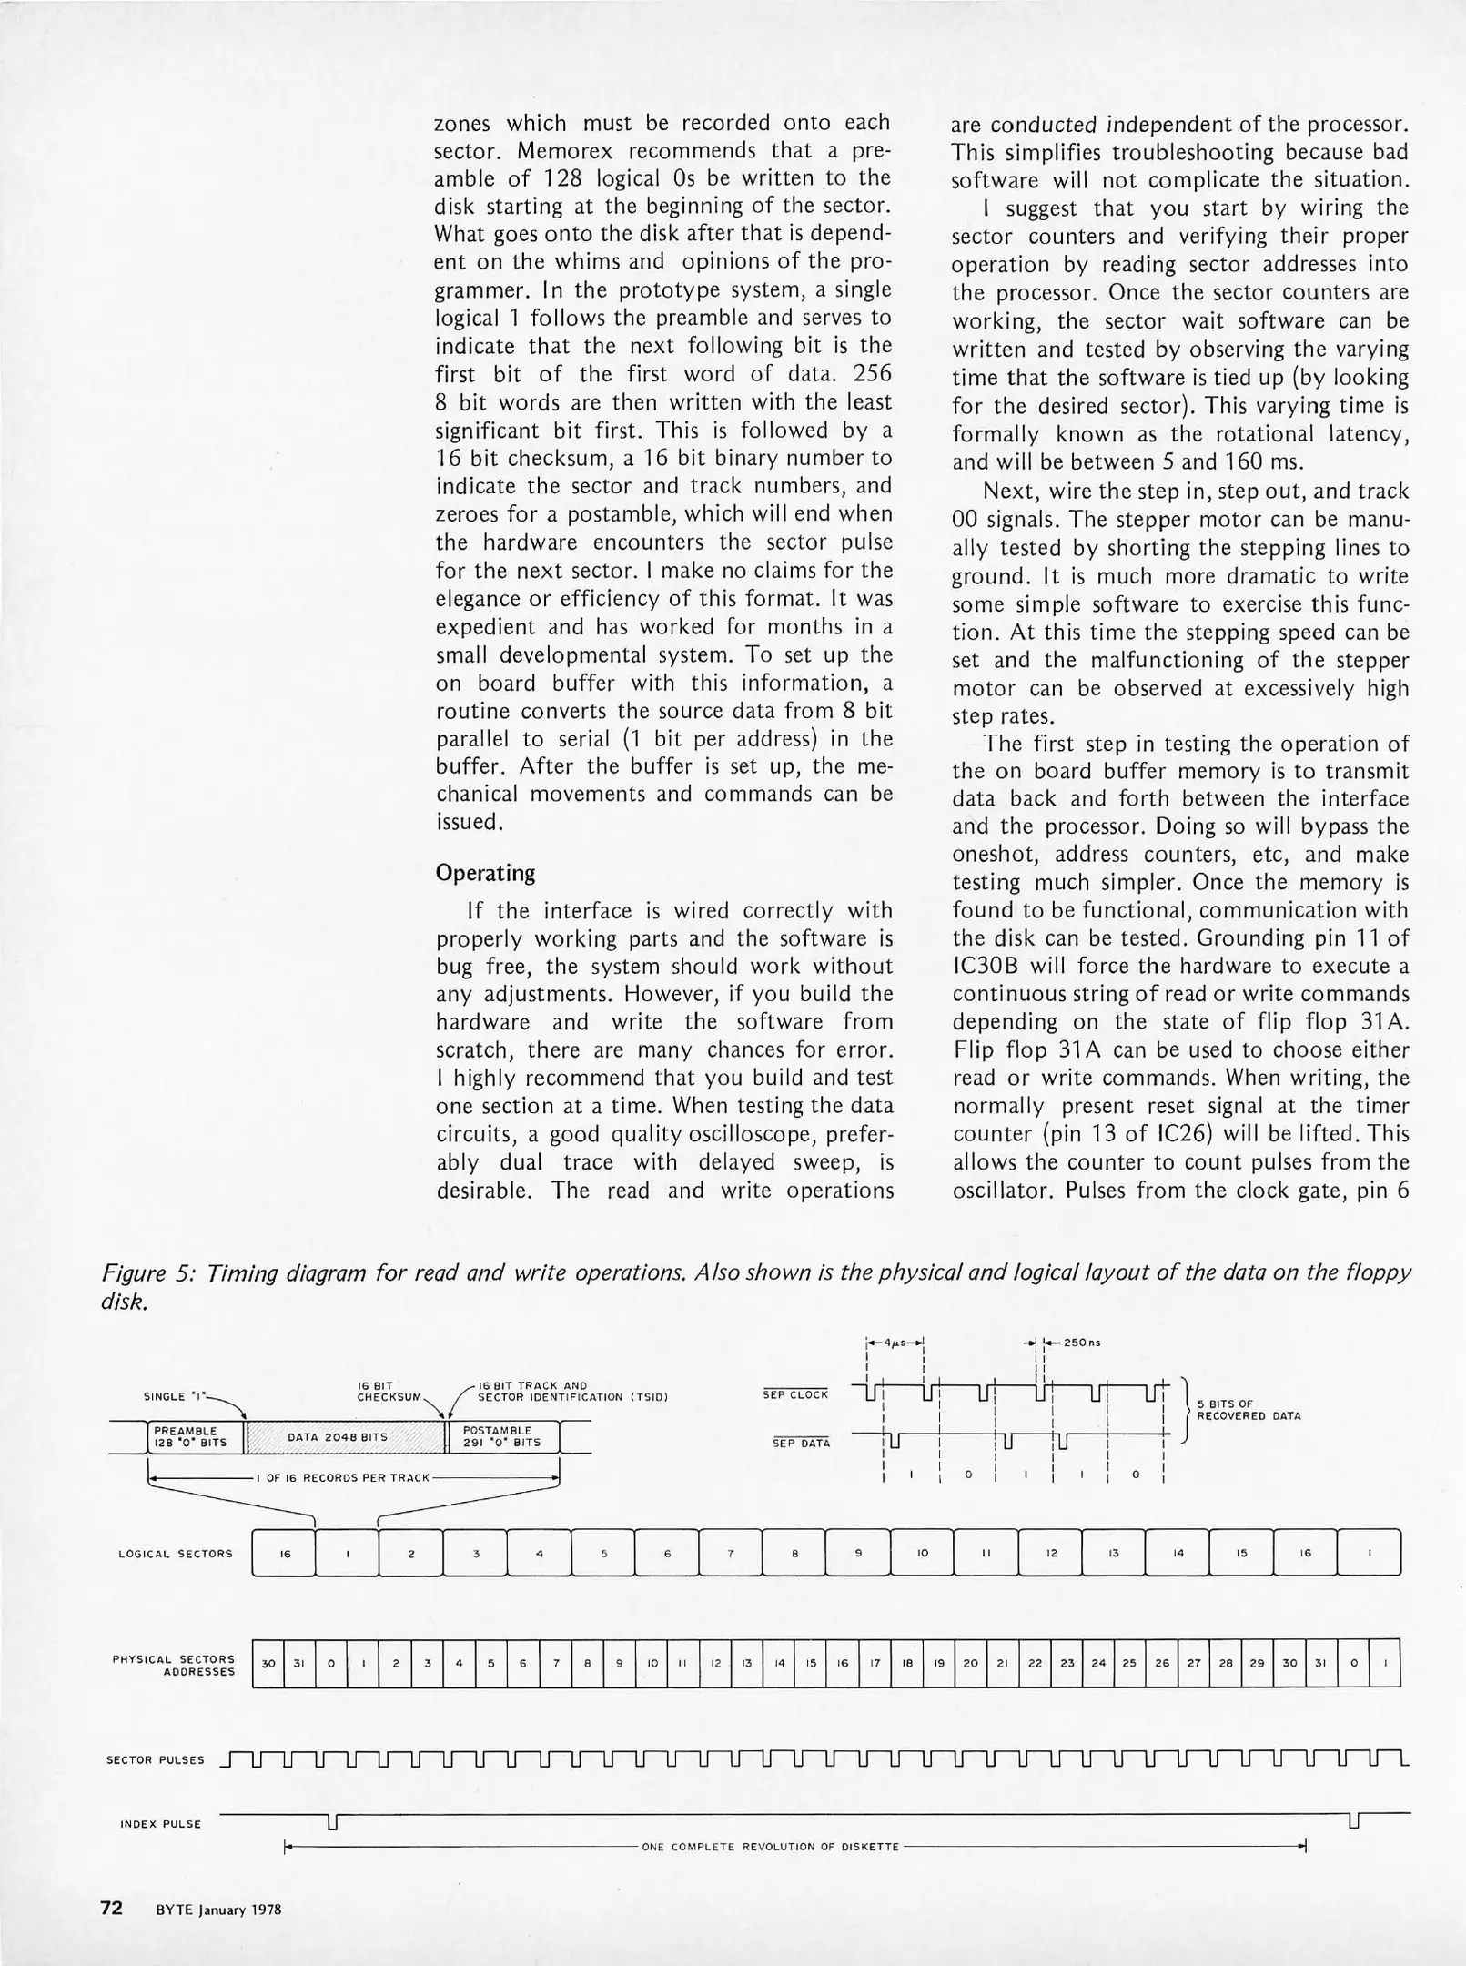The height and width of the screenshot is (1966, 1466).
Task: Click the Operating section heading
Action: pyautogui.click(x=485, y=873)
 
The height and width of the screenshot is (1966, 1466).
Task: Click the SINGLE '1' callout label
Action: pyautogui.click(x=173, y=1396)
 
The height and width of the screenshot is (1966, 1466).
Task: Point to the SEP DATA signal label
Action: pyautogui.click(x=801, y=1443)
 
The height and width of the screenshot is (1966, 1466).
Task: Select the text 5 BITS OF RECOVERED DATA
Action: pyautogui.click(x=1248, y=1411)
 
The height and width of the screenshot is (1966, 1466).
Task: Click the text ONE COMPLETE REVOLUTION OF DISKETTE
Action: pyautogui.click(x=770, y=1847)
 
